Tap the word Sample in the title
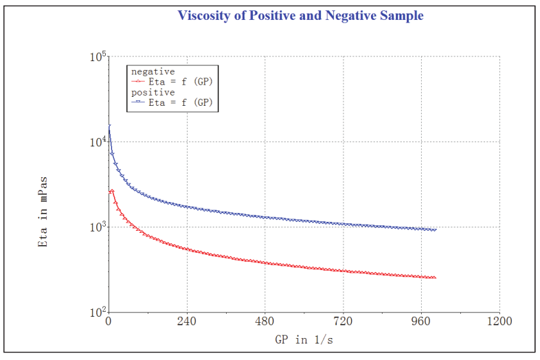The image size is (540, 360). (x=400, y=15)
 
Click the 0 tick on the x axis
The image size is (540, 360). (x=109, y=322)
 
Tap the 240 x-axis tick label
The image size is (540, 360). (x=187, y=322)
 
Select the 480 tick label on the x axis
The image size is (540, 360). (x=265, y=322)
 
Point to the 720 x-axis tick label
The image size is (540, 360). (x=343, y=322)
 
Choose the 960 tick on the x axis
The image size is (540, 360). (x=421, y=322)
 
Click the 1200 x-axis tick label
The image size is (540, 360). (x=499, y=322)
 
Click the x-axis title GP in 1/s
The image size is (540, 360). (x=304, y=339)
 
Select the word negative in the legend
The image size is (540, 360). (x=153, y=71)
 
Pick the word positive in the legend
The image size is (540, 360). (x=153, y=92)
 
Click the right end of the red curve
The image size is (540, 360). (x=435, y=278)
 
